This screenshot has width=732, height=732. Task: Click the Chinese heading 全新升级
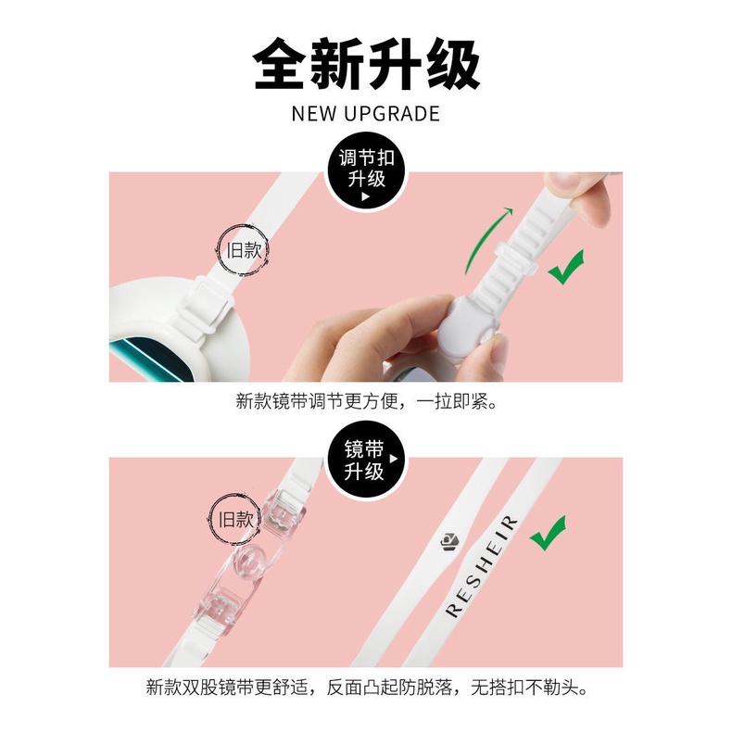(x=366, y=64)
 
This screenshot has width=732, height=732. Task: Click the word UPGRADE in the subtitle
(x=392, y=114)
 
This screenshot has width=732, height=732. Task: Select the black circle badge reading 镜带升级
(x=367, y=460)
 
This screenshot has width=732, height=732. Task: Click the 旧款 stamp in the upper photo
(x=243, y=250)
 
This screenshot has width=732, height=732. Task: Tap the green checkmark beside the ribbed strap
(x=566, y=268)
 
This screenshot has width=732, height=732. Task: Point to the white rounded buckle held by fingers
(x=468, y=323)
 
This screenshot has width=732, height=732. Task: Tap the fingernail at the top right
(x=564, y=182)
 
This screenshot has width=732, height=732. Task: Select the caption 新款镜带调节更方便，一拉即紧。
(x=367, y=401)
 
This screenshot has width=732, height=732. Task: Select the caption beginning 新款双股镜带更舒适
(x=367, y=688)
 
